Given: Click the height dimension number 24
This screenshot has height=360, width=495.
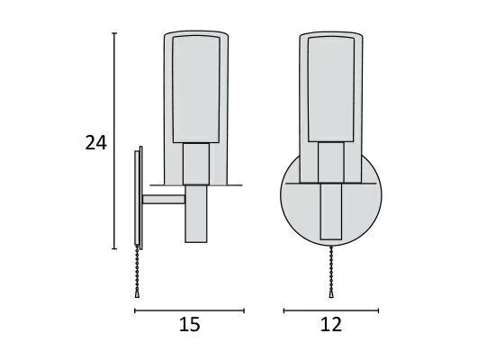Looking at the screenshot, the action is coord(96,143).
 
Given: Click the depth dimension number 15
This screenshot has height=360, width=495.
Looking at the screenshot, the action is coord(189,324).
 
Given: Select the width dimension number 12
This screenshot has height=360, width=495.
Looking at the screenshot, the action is coord(331,324).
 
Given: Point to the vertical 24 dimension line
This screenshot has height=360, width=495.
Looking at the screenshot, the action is coord(114,140).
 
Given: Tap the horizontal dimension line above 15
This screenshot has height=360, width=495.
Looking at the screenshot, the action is coord(189,310).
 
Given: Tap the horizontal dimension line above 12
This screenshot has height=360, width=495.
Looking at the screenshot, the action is coord(331,310).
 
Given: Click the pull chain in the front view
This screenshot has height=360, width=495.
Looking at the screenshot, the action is coord(331,269).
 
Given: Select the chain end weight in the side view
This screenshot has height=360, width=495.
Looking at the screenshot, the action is coord(137,294).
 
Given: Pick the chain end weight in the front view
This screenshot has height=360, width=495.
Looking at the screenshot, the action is coord(331,294).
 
